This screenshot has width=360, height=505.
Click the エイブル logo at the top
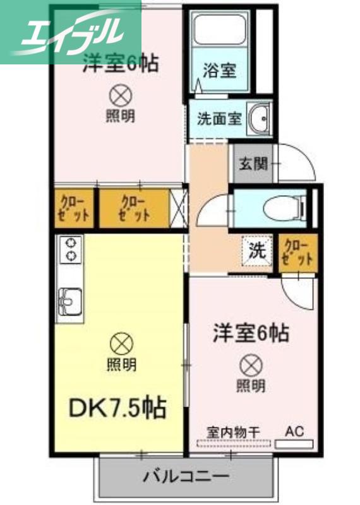70,32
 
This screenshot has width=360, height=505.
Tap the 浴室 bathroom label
219,70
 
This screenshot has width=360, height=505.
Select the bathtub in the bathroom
219,29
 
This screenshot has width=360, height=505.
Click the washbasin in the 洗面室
259,119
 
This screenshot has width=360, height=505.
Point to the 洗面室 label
220,119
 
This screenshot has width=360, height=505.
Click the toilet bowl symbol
284,209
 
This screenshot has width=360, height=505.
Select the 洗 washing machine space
258,251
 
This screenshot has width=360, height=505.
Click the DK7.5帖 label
117,408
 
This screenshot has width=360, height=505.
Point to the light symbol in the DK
121,343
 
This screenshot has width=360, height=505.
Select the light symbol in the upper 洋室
121,95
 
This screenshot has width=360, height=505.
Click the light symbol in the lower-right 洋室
251,365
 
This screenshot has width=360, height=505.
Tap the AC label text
294,431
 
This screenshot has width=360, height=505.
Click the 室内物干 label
233,432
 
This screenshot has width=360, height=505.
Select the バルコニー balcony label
186,476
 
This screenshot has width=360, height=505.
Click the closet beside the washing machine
299,254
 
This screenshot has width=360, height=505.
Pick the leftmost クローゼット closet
74,210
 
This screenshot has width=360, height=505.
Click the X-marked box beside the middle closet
178,208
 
